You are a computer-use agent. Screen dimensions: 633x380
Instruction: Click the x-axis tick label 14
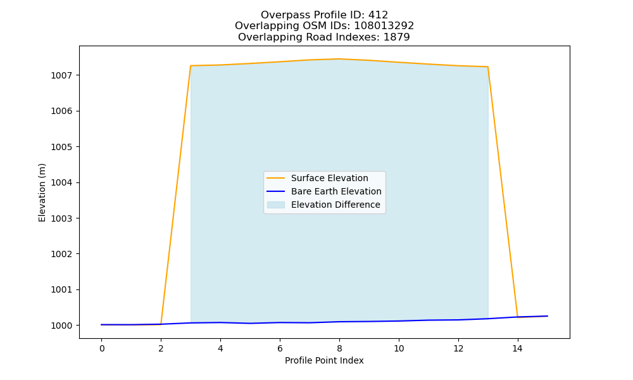pos(518,348)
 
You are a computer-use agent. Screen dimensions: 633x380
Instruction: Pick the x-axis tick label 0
pos(102,348)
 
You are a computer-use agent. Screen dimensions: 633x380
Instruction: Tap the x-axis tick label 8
pos(339,348)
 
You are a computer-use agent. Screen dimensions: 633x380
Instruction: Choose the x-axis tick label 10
pos(399,348)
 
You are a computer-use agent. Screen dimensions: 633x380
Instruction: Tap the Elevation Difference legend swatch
pos(276,205)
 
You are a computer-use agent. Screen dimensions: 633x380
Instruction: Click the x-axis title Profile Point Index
pos(324,360)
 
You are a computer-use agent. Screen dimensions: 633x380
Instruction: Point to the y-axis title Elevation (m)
pos(42,193)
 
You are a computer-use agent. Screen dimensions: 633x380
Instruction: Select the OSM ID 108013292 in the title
pos(384,26)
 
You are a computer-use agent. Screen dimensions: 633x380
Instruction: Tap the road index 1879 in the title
pos(396,37)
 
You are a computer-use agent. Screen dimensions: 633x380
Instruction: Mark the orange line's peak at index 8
pos(339,59)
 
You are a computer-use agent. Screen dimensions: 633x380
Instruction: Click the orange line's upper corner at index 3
pos(191,66)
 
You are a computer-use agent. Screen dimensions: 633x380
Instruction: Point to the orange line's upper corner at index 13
pos(487,66)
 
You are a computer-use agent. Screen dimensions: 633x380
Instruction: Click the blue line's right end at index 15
pos(548,316)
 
